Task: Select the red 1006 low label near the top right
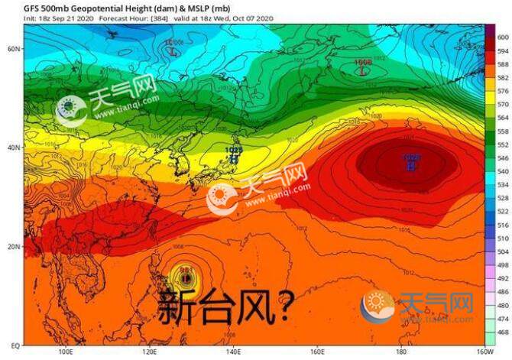pos(363,61)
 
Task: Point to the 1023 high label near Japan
pos(233,150)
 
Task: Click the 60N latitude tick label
pos(13,48)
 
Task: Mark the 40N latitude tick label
pos(13,148)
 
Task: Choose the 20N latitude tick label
pos(13,247)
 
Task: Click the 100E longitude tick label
pos(66,354)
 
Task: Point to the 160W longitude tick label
pos(483,354)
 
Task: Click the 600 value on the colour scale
pos(503,37)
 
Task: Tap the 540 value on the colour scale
pos(503,184)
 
